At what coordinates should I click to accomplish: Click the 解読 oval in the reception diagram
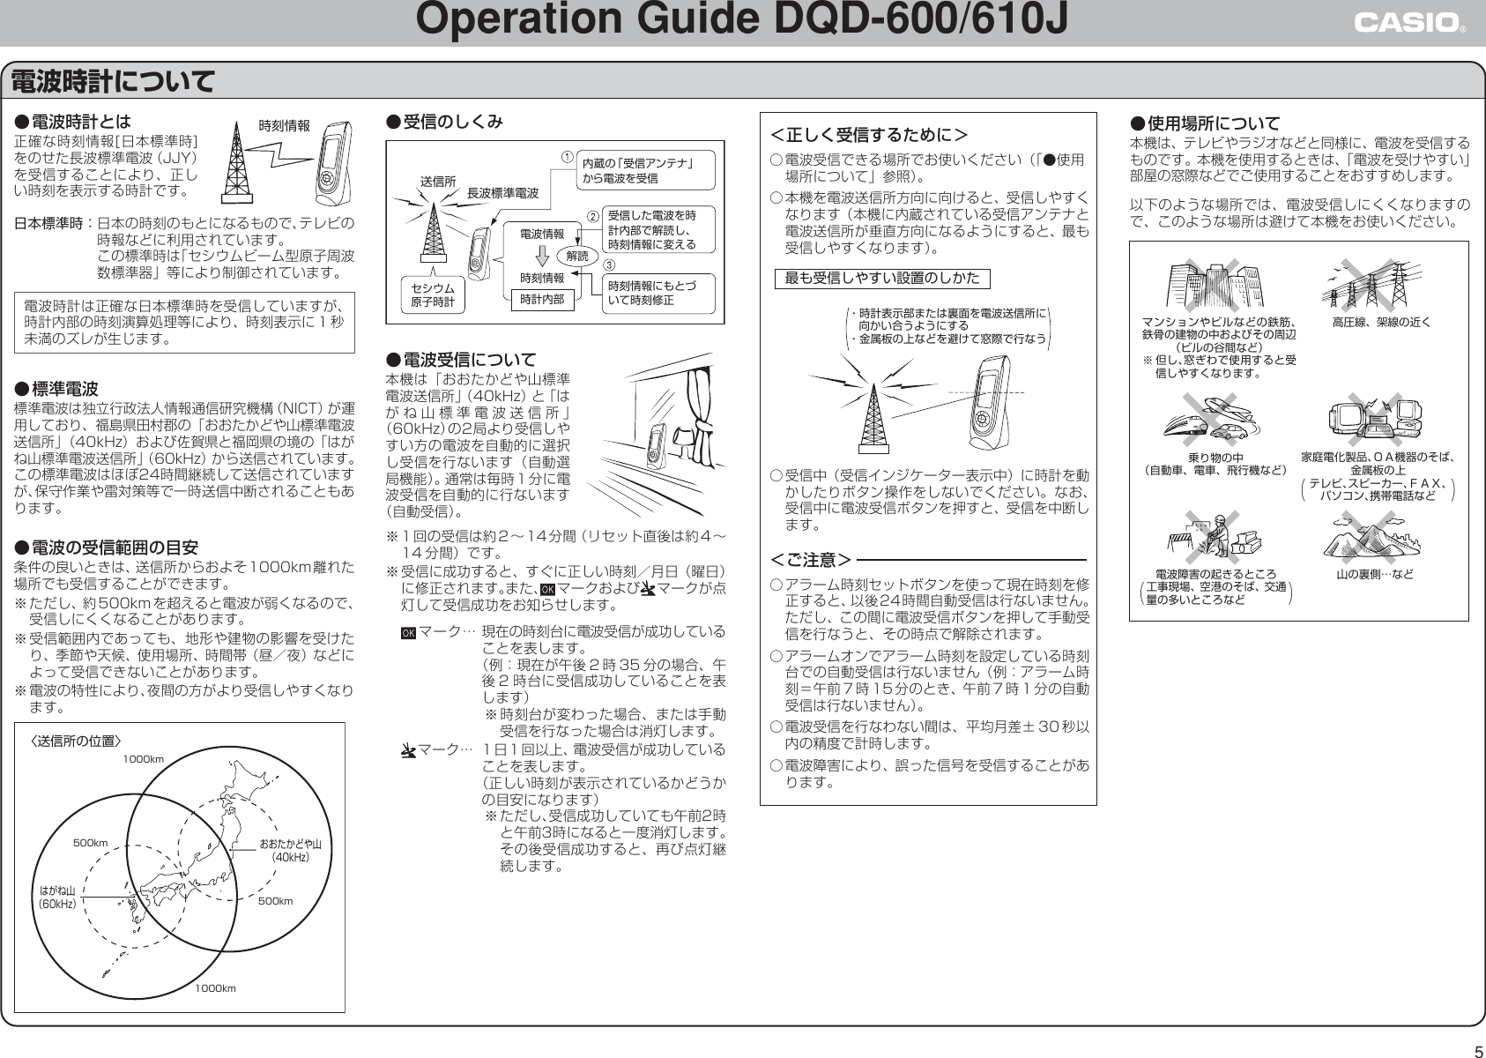(578, 255)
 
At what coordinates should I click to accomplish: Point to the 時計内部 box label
(542, 300)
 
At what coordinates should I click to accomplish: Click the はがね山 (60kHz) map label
(56, 897)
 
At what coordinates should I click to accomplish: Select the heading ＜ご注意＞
(811, 560)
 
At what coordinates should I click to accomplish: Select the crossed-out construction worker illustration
(1217, 537)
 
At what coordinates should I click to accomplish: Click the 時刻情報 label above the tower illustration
(283, 126)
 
